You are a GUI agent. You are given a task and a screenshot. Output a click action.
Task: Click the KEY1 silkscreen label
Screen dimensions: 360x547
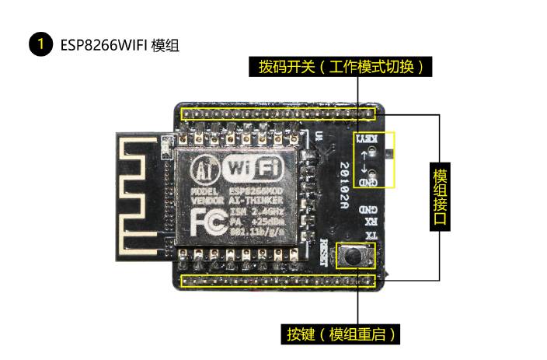tap(368, 139)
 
